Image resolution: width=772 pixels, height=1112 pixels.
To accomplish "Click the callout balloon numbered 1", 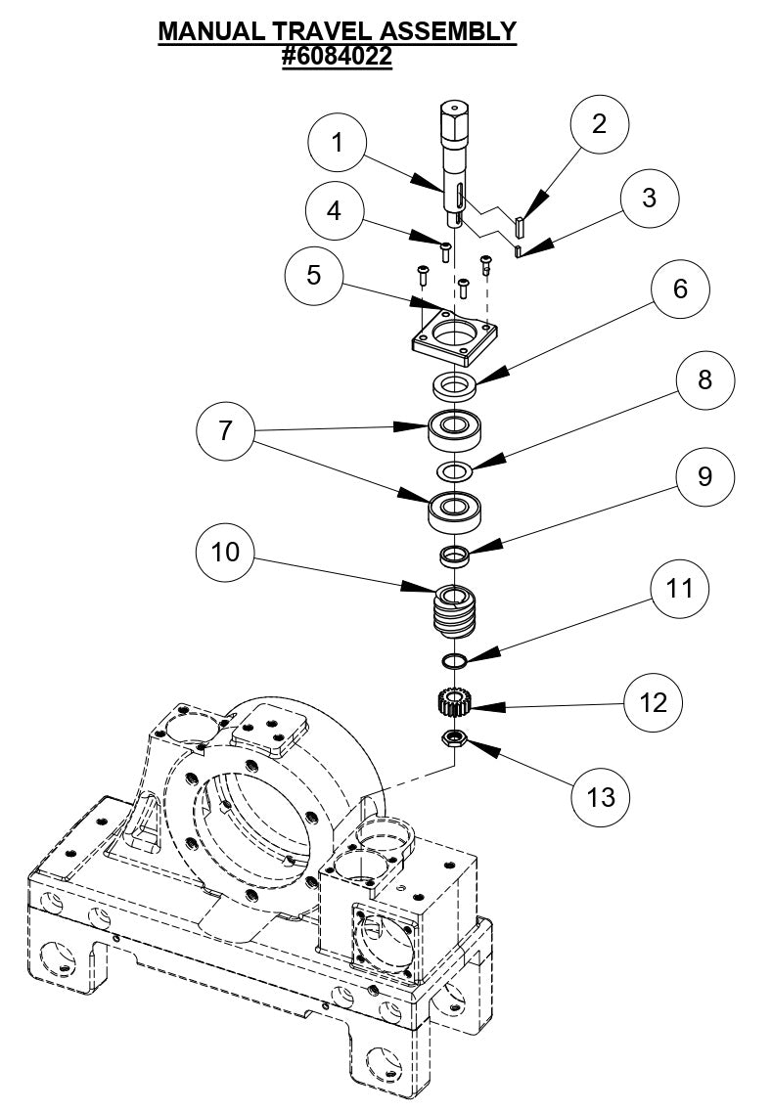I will pyautogui.click(x=338, y=144).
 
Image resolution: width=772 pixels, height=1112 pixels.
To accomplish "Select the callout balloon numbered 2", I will pyautogui.click(x=598, y=124).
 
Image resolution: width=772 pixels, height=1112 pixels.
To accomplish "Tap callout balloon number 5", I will pyautogui.click(x=314, y=276).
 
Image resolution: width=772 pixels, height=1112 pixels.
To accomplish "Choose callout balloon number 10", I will pyautogui.click(x=226, y=554).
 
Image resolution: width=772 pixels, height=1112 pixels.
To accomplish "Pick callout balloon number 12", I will pyautogui.click(x=654, y=703).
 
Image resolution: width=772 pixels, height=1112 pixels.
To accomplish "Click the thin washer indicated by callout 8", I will pyautogui.click(x=454, y=471).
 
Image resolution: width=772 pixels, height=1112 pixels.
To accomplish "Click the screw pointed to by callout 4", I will pyautogui.click(x=444, y=249).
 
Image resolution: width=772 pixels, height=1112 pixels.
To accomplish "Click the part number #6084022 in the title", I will pyautogui.click(x=337, y=57).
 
